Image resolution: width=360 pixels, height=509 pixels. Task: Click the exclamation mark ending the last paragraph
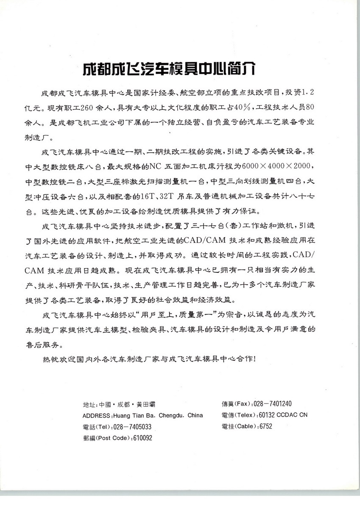(x=254, y=358)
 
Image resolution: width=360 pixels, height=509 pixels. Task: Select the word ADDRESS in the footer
(x=96, y=415)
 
